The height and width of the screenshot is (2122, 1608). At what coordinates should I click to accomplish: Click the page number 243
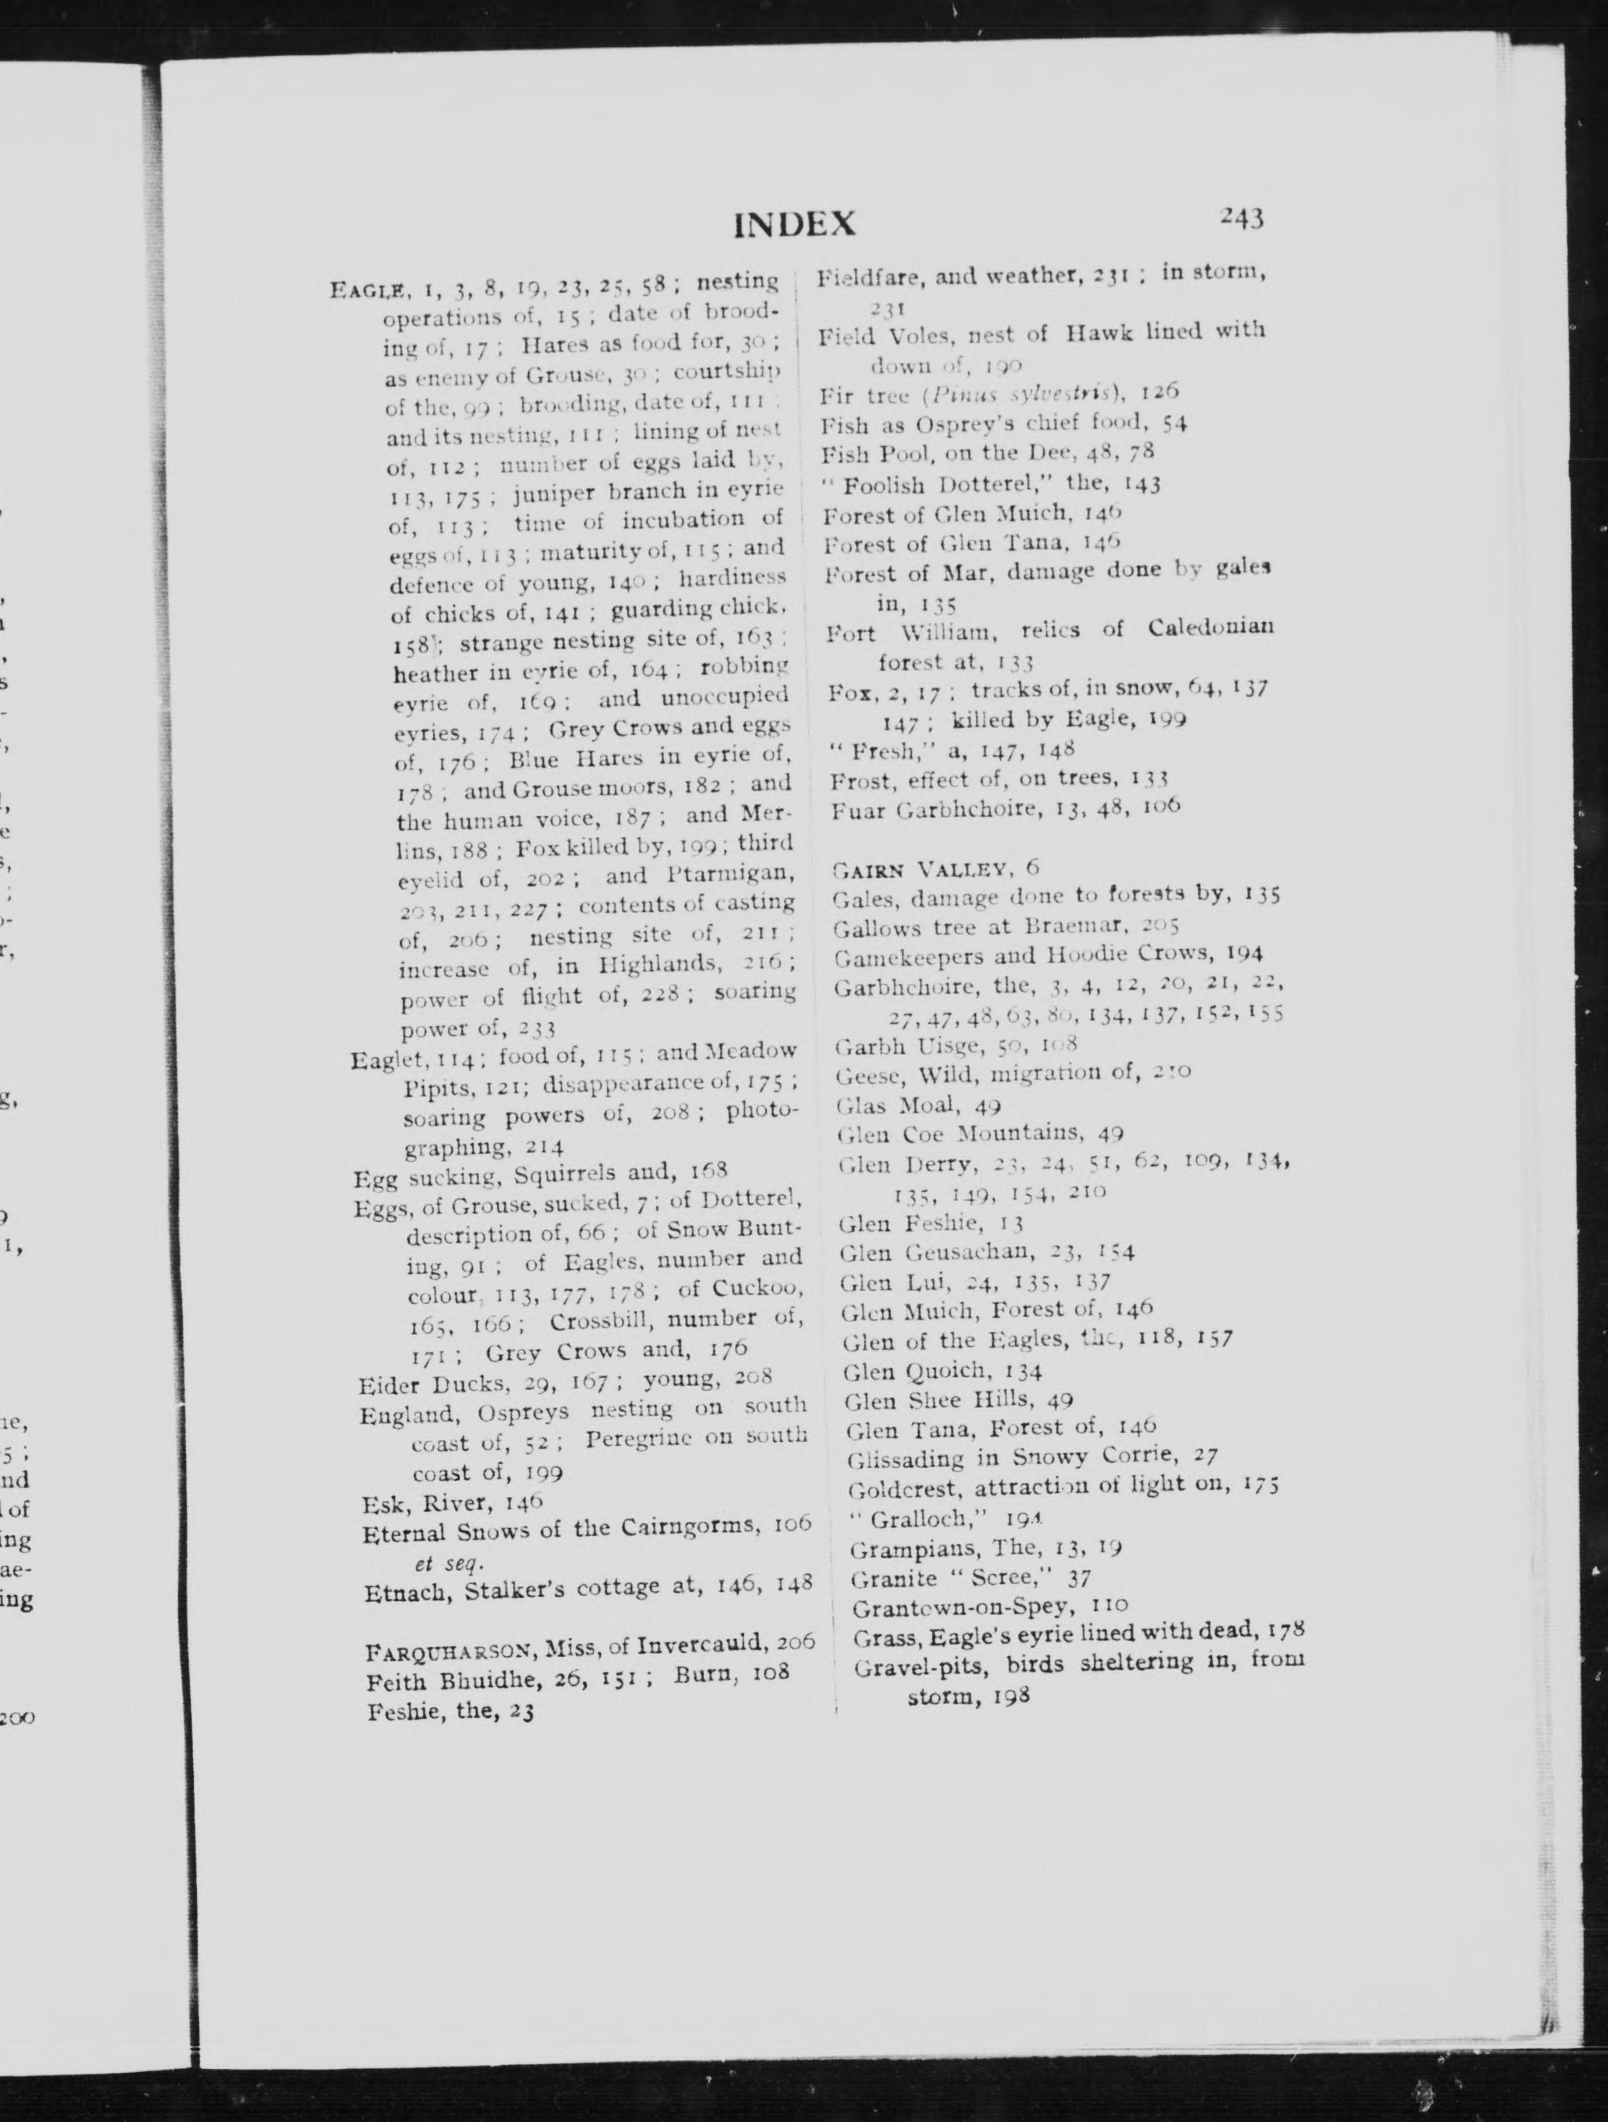[1242, 218]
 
